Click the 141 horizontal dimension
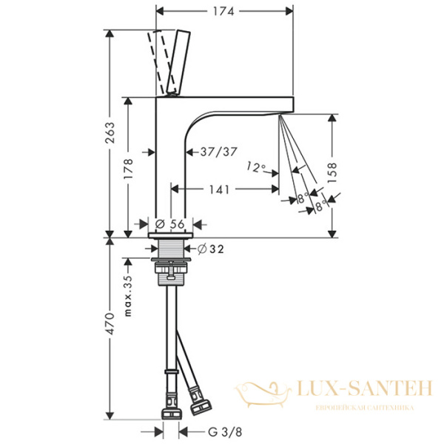(x=218, y=189)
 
